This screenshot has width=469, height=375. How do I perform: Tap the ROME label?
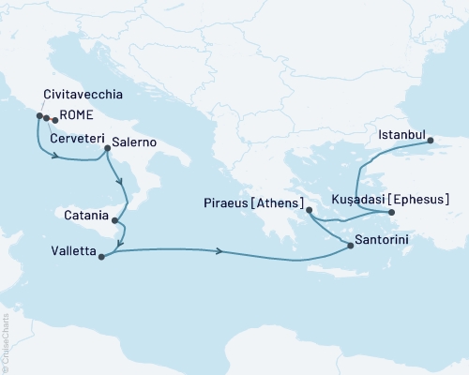click(x=77, y=118)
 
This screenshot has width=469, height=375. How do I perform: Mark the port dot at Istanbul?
click(x=431, y=142)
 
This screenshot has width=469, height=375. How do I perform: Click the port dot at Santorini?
click(x=350, y=245)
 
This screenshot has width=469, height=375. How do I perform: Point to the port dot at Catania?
click(x=115, y=221)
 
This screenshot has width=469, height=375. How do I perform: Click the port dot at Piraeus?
click(x=309, y=212)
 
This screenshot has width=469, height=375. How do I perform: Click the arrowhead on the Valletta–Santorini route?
click(x=220, y=251)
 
